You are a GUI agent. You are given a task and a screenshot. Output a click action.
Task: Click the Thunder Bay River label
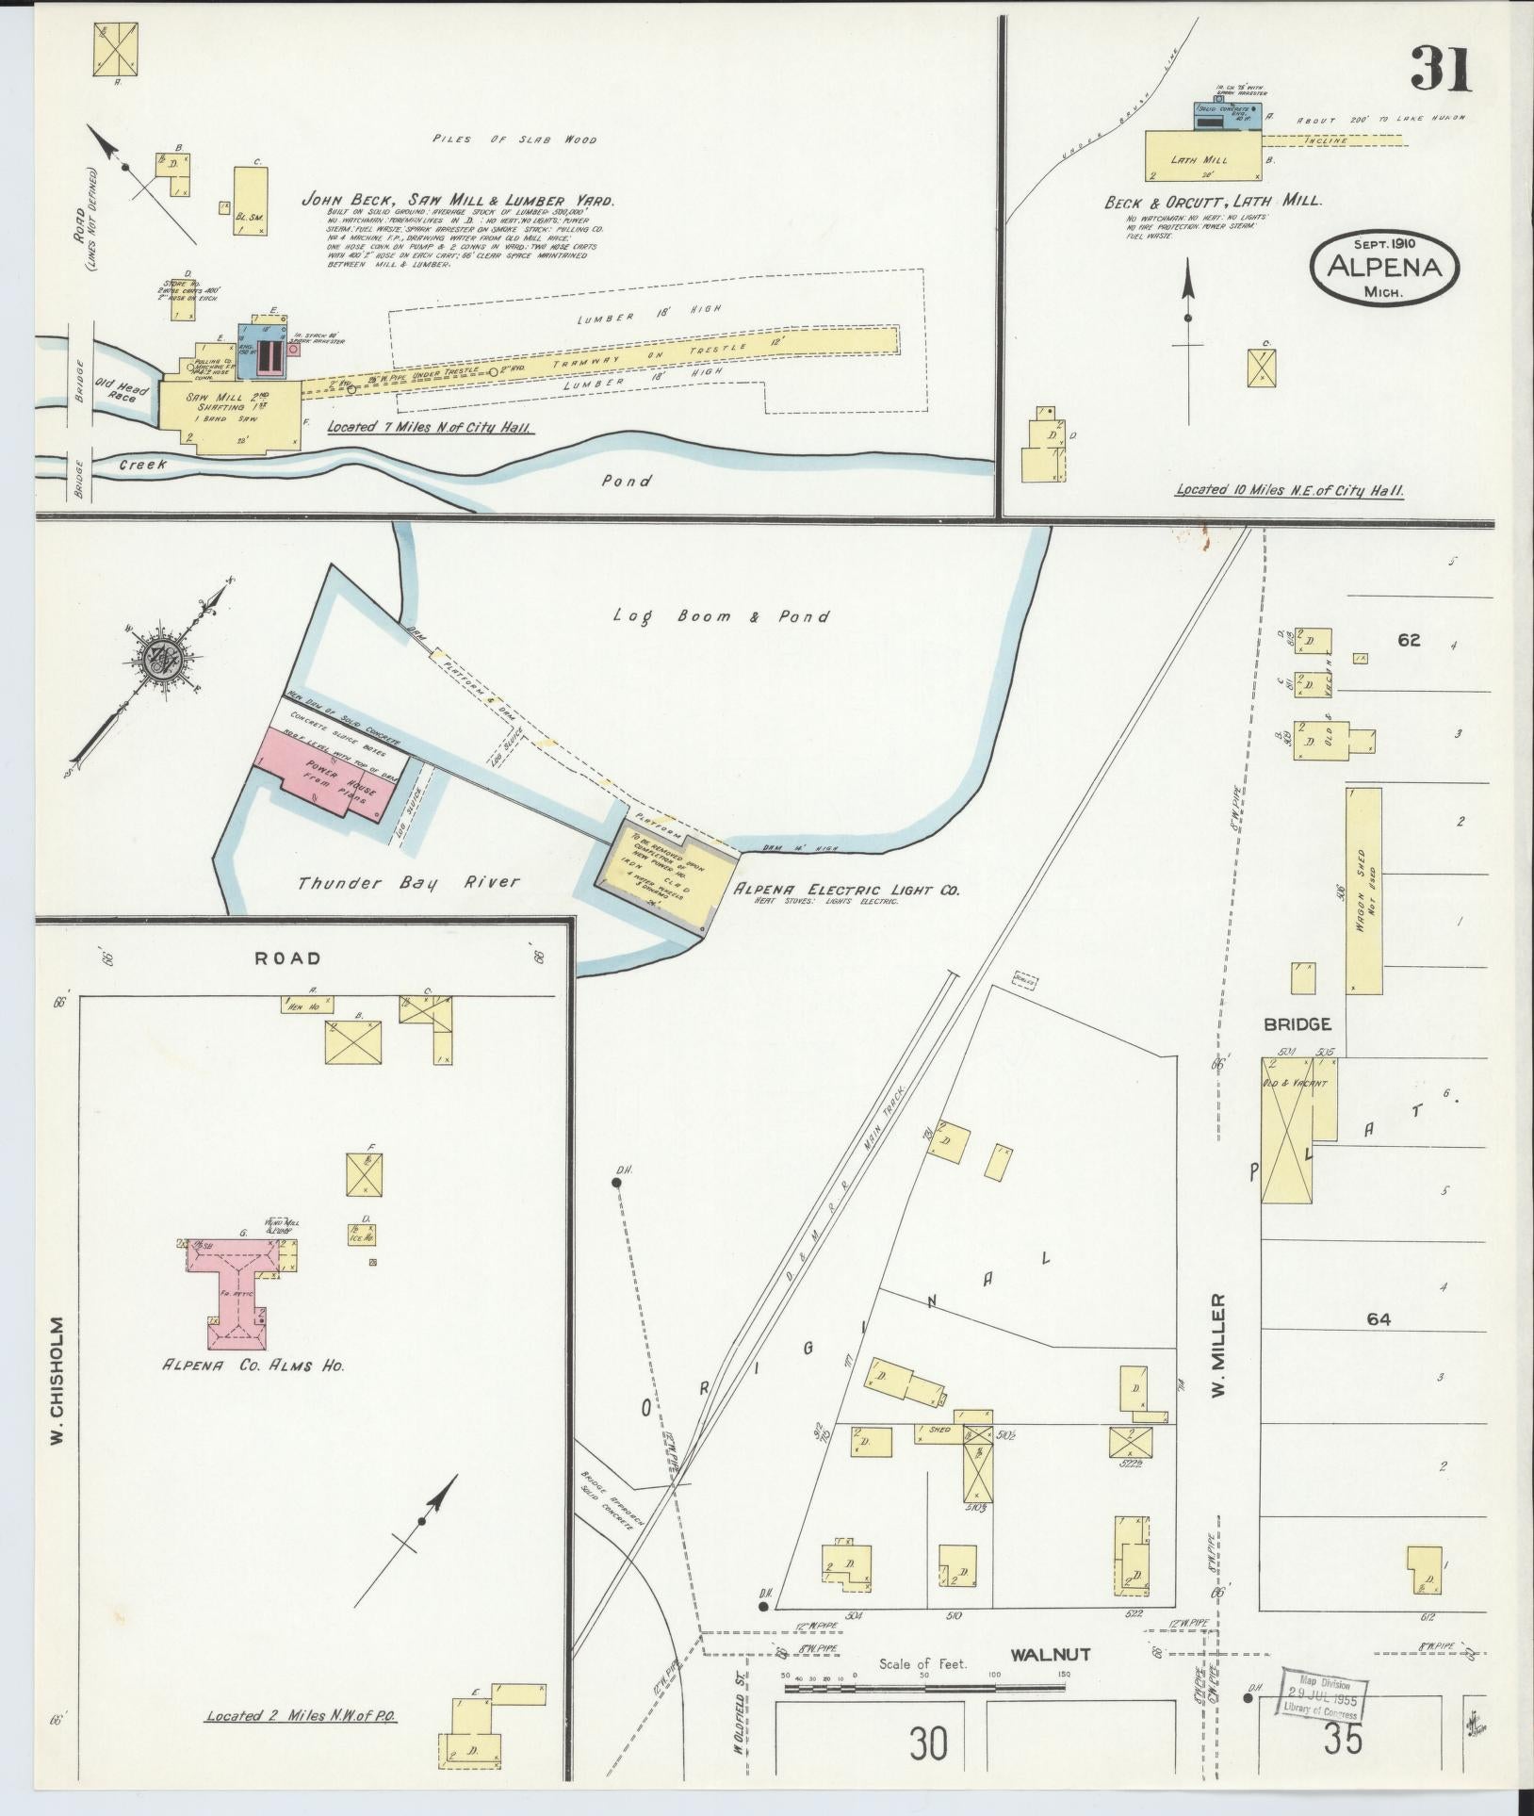tap(408, 883)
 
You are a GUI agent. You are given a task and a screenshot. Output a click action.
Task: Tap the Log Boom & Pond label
tap(721, 616)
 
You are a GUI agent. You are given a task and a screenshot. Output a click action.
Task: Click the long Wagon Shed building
tap(1363, 891)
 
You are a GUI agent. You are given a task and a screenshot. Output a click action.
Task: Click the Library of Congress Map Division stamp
tap(1324, 1695)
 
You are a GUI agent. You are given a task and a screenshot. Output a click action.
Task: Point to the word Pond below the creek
tap(627, 481)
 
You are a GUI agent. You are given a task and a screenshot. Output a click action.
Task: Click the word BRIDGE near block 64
tap(1297, 1023)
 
